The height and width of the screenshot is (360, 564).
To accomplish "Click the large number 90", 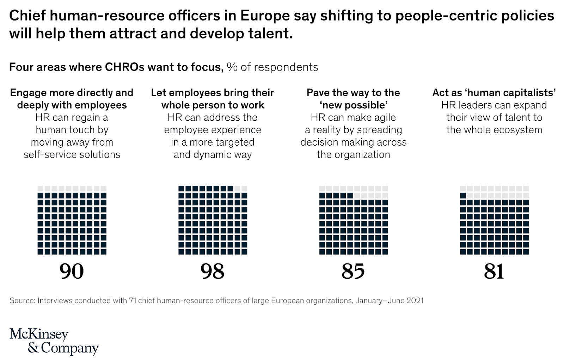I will [x=72, y=271].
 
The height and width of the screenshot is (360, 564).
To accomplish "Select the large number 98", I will [x=212, y=271].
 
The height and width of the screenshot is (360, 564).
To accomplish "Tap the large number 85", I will [x=353, y=271].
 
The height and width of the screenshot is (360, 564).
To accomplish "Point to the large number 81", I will [x=494, y=271].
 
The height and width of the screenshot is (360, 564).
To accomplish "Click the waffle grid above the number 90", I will [x=72, y=220].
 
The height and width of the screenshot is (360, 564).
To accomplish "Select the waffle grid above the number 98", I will [x=213, y=220].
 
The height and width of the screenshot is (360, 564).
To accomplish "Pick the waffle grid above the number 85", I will [x=354, y=220].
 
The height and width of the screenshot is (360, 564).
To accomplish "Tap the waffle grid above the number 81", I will [x=494, y=220].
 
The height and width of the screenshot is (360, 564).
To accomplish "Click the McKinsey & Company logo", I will [x=54, y=341].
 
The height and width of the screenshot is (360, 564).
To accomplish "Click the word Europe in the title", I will [x=260, y=16].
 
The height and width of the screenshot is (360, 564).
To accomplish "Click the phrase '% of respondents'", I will [x=272, y=67].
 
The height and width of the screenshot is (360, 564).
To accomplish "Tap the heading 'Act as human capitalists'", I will [x=494, y=92].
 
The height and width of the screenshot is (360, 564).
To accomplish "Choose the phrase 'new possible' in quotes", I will [x=354, y=105].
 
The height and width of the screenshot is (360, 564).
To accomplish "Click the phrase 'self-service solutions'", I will [x=72, y=154].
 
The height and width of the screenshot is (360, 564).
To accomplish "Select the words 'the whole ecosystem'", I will [x=494, y=130].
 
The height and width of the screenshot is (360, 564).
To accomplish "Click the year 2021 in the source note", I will [x=415, y=300].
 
